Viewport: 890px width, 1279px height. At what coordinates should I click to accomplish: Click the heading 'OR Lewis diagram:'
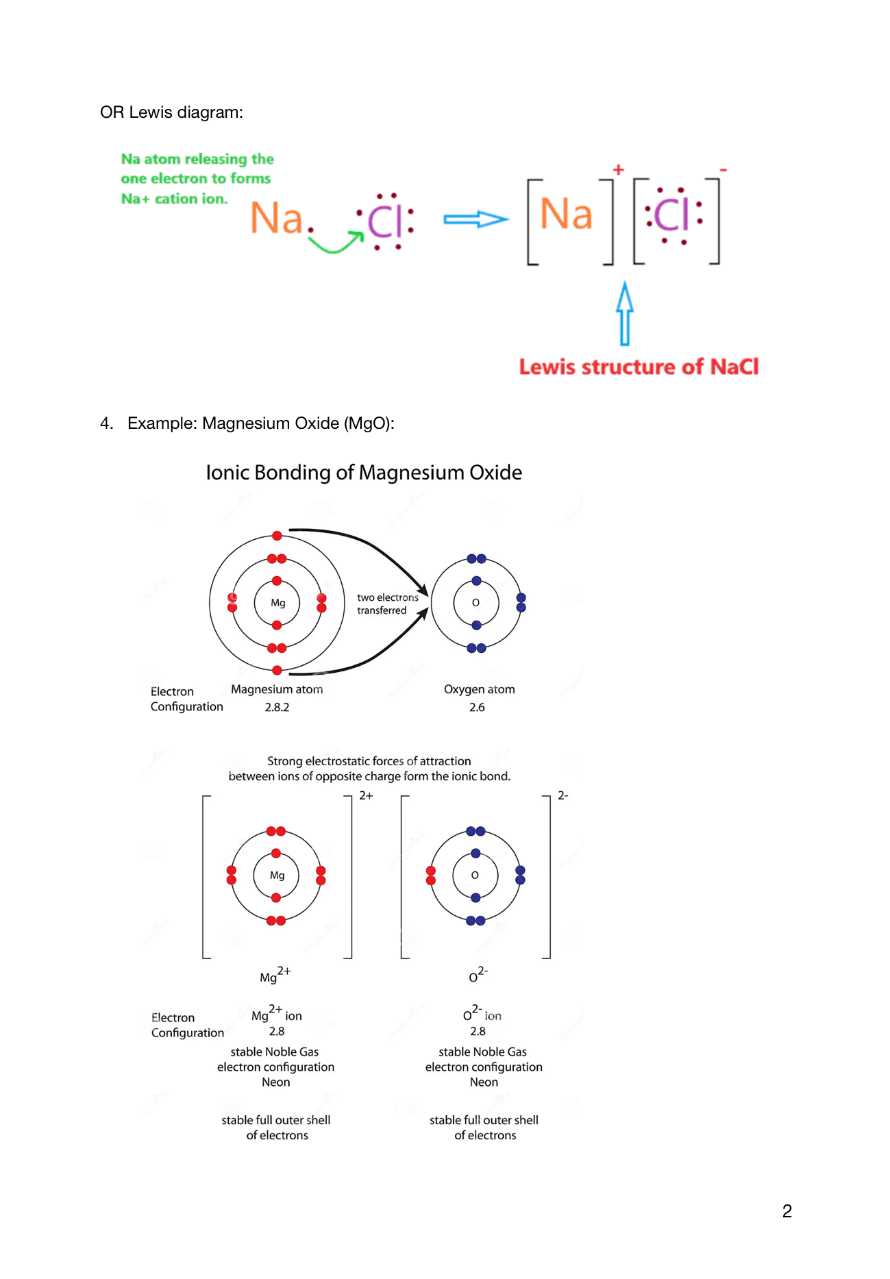pyautogui.click(x=171, y=112)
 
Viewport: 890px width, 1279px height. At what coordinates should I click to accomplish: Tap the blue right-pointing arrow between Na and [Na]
pyautogui.click(x=475, y=219)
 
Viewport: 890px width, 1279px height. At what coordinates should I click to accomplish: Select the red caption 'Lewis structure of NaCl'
pyautogui.click(x=639, y=367)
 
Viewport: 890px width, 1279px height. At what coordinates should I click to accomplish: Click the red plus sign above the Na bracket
pyautogui.click(x=619, y=169)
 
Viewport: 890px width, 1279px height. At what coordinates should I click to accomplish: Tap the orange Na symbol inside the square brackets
pyautogui.click(x=566, y=214)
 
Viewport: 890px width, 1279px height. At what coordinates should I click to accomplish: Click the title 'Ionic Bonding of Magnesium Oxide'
pyautogui.click(x=364, y=473)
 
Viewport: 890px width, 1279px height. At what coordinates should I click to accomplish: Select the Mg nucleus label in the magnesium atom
pyautogui.click(x=277, y=603)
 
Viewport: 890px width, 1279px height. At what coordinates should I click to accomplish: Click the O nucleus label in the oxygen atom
pyautogui.click(x=475, y=603)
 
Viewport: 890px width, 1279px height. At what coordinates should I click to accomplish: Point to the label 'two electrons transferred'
pyautogui.click(x=387, y=604)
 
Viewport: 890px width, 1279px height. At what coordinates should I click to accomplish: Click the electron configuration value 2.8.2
pyautogui.click(x=277, y=707)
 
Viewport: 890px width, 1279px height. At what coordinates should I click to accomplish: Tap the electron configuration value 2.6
pyautogui.click(x=477, y=707)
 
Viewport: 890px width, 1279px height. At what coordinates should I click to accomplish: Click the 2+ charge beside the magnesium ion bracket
pyautogui.click(x=367, y=795)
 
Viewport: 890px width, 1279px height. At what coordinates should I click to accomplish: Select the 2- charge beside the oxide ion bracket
pyautogui.click(x=563, y=795)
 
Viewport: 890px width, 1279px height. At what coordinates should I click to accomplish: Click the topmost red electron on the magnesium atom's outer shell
pyautogui.click(x=277, y=536)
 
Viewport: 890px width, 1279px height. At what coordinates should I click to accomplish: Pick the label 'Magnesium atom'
pyautogui.click(x=277, y=689)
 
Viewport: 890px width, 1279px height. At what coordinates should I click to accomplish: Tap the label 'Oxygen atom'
pyautogui.click(x=479, y=689)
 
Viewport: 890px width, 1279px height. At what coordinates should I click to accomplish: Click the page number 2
pyautogui.click(x=787, y=1211)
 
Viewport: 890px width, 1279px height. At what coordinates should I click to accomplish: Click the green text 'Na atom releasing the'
pyautogui.click(x=197, y=159)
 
